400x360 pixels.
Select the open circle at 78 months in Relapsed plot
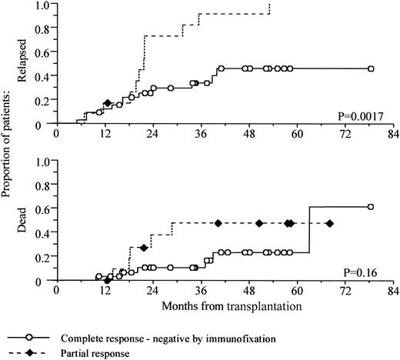click(x=371, y=68)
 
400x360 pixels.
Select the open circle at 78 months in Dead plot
click(x=371, y=207)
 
